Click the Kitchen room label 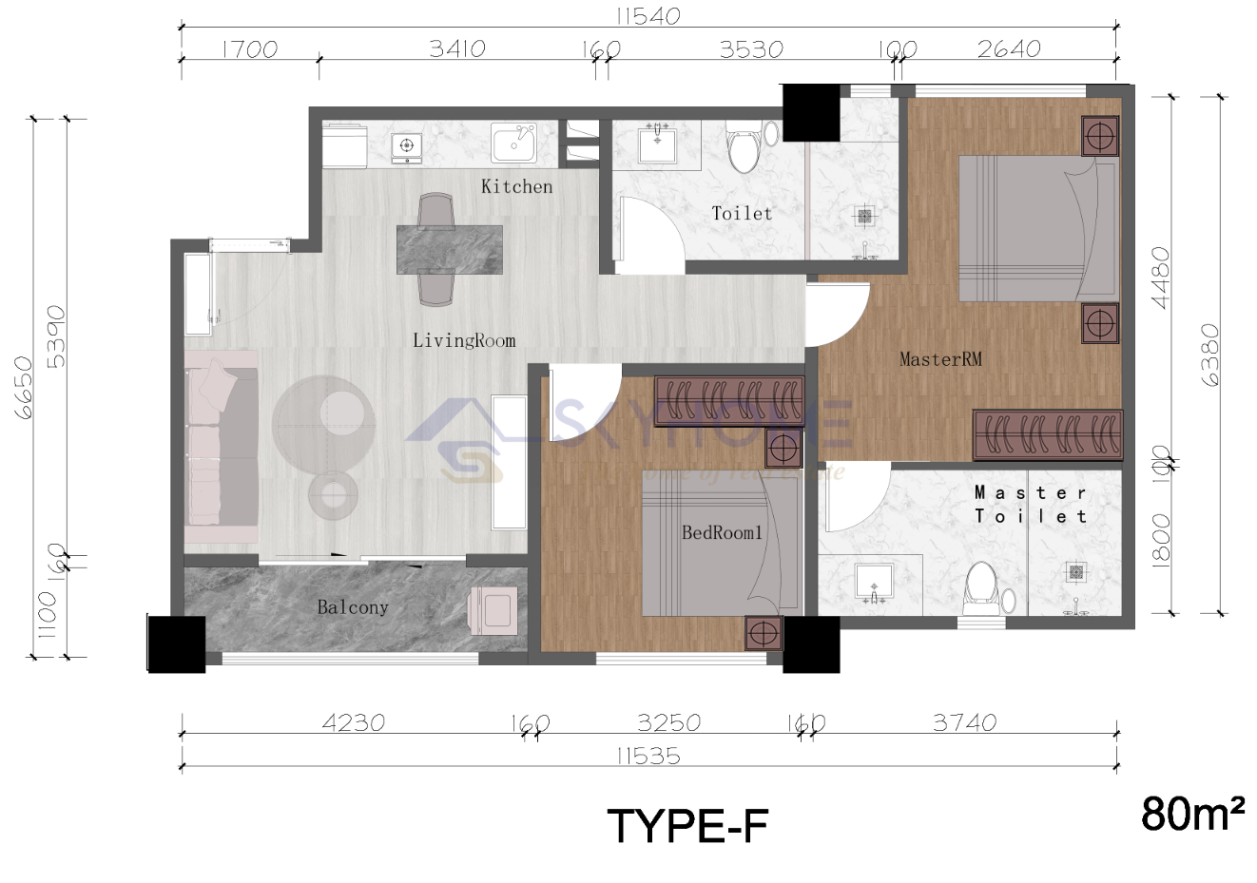pyautogui.click(x=516, y=186)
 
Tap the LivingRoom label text pyautogui.click(x=464, y=340)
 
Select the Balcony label pyautogui.click(x=352, y=607)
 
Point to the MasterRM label pyautogui.click(x=940, y=359)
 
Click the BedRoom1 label pyautogui.click(x=722, y=533)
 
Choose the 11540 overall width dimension pyautogui.click(x=648, y=16)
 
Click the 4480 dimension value pyautogui.click(x=1161, y=278)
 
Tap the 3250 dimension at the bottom pyautogui.click(x=669, y=722)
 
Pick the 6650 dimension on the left pyautogui.click(x=22, y=388)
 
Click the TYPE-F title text pyautogui.click(x=687, y=826)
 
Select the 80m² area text pyautogui.click(x=1193, y=814)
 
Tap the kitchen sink pyautogui.click(x=513, y=144)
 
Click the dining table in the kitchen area pyautogui.click(x=450, y=249)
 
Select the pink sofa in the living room pyautogui.click(x=222, y=447)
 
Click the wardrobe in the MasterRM pyautogui.click(x=1047, y=434)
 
